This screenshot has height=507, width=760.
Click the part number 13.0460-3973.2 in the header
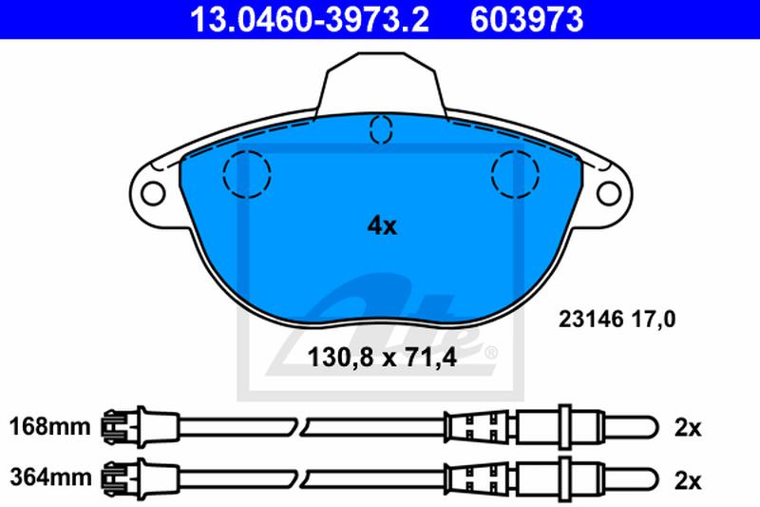(310, 19)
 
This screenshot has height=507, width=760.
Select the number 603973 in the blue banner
(527, 19)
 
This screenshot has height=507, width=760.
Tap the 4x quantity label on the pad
(382, 226)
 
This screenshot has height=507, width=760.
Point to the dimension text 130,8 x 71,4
(382, 358)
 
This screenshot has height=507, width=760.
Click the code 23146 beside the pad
(591, 320)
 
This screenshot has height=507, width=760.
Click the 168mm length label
(50, 427)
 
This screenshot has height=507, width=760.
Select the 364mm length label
(50, 478)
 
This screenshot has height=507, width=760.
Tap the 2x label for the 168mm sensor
(688, 428)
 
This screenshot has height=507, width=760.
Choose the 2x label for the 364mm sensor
(688, 481)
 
